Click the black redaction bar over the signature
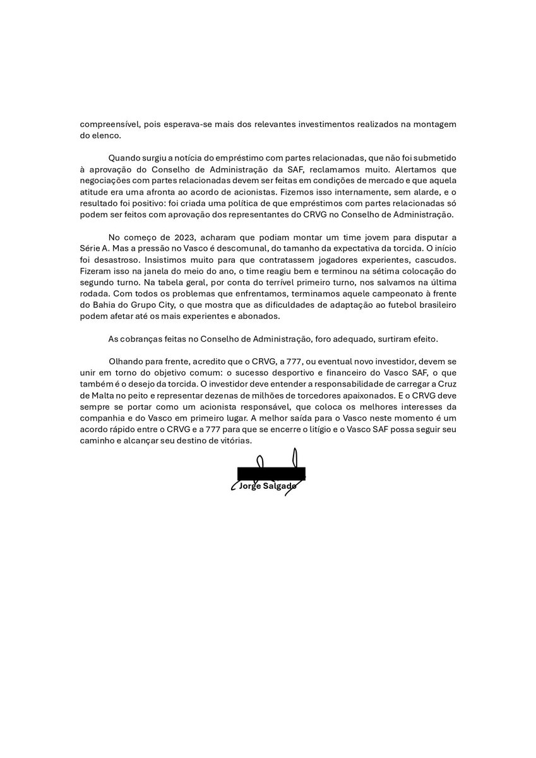[271, 473]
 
